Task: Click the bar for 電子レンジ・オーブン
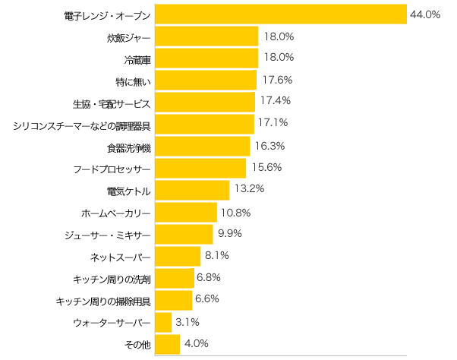click(281, 15)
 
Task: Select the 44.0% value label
click(425, 14)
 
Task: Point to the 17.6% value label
click(277, 79)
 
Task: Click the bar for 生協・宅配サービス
click(205, 102)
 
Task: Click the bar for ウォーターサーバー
click(164, 323)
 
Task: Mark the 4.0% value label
click(196, 343)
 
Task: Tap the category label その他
click(137, 345)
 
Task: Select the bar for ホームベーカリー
click(186, 212)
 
